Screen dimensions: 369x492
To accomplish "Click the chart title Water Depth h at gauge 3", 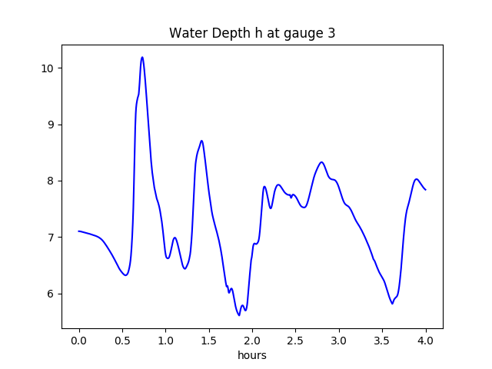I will point(252,33).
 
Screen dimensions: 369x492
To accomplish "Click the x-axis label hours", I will point(252,356).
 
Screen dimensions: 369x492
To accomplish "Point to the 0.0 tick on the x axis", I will point(79,341).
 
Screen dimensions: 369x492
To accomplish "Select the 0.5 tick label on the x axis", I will point(122,341).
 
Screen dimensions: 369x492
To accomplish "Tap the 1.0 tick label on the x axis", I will point(166,341).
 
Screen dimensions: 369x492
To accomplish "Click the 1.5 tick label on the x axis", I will point(209,341).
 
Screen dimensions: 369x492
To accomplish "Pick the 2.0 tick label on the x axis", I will point(252,341).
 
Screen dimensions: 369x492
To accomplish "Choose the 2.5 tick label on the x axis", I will point(296,341).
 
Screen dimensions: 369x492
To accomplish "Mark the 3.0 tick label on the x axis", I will point(339,341).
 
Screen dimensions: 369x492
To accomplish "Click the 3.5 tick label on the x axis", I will point(383,341).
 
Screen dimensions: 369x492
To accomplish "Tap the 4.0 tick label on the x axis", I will point(426,341).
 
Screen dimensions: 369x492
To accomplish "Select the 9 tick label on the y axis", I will point(52,125).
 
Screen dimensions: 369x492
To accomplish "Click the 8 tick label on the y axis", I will point(52,181).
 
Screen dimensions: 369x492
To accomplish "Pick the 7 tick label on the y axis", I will point(52,238).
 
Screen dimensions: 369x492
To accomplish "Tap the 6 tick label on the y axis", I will point(52,294).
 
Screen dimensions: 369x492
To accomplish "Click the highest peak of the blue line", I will point(142,57).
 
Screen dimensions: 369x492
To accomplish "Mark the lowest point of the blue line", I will point(239,315).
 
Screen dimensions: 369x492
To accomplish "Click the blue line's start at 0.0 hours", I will point(79,231).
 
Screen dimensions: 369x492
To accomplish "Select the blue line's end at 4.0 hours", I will point(426,190).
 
